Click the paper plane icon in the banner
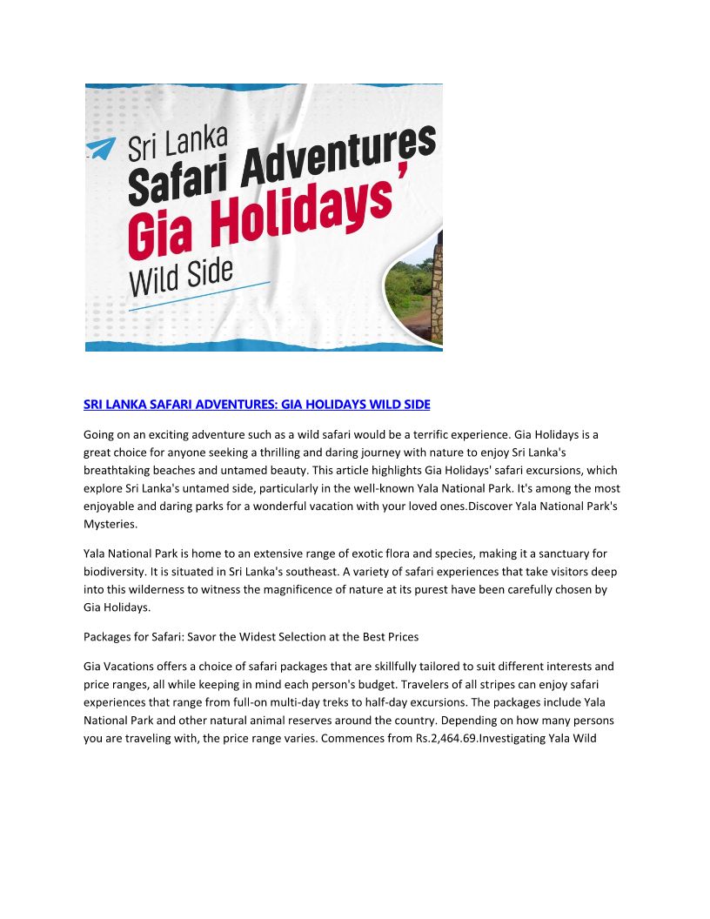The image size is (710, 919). tap(102, 149)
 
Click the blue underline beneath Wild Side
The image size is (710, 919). tap(199, 296)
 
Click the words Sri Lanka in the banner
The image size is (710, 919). tap(177, 144)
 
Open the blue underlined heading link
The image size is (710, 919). tap(257, 405)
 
